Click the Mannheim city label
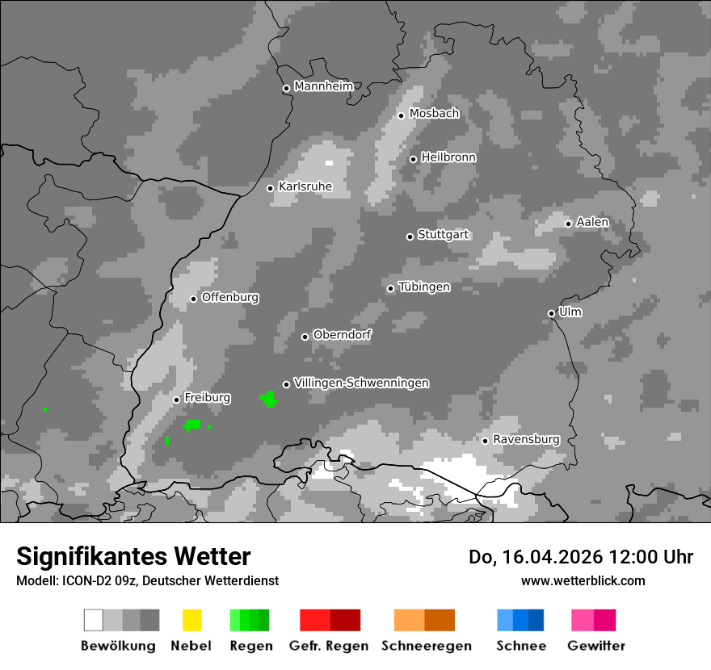pyautogui.click(x=324, y=86)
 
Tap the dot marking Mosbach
pyautogui.click(x=401, y=115)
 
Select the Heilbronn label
pyautogui.click(x=448, y=157)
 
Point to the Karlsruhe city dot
pyautogui.click(x=271, y=188)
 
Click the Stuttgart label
pyautogui.click(x=444, y=235)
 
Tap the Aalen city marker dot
pyautogui.click(x=568, y=224)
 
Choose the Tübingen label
pyautogui.click(x=424, y=287)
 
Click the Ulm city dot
pyautogui.click(x=551, y=313)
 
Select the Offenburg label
pyautogui.click(x=230, y=297)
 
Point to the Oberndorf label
pyautogui.click(x=342, y=335)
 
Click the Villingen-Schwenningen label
pyautogui.click(x=361, y=383)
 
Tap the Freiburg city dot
pyautogui.click(x=176, y=400)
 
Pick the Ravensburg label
pyautogui.click(x=526, y=440)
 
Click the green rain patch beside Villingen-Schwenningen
pyautogui.click(x=268, y=398)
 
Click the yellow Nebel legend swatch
pyautogui.click(x=191, y=620)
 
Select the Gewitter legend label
pyautogui.click(x=596, y=646)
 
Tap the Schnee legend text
pyautogui.click(x=521, y=646)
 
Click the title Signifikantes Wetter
pyautogui.click(x=133, y=556)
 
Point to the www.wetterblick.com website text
pyautogui.click(x=583, y=580)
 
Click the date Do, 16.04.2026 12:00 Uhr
pyautogui.click(x=581, y=557)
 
